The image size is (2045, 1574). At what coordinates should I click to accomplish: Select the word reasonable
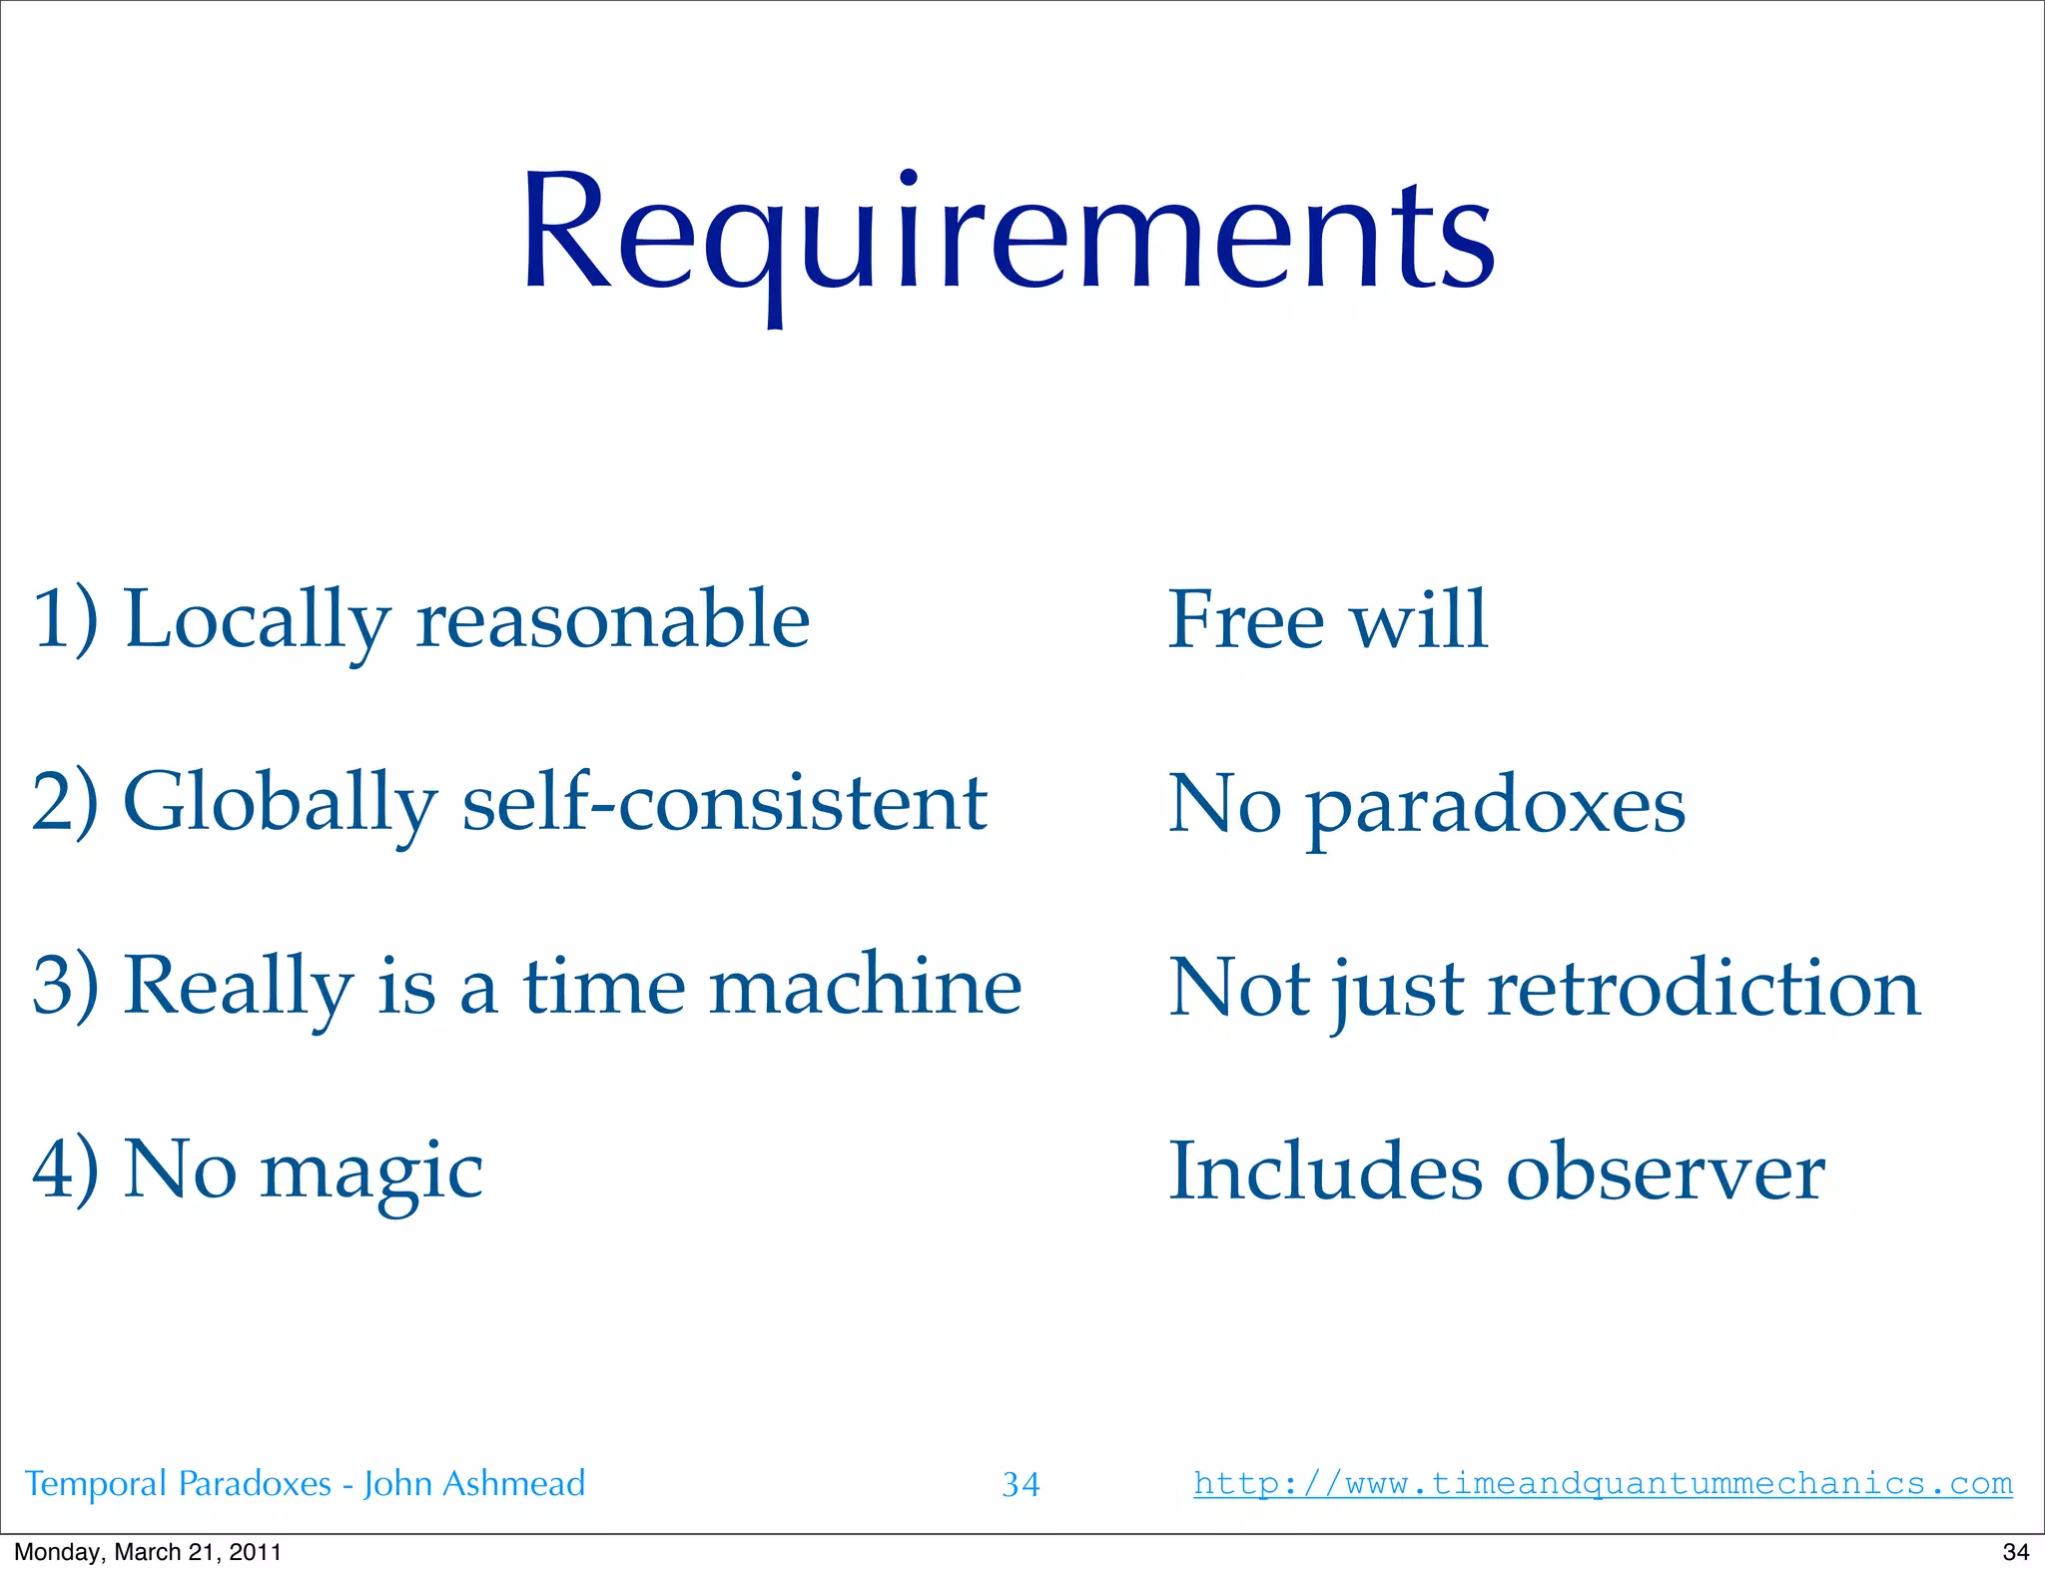[x=612, y=620]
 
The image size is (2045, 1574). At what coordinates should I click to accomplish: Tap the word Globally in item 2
[x=280, y=803]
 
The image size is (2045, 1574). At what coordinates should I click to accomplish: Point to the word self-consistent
[x=724, y=803]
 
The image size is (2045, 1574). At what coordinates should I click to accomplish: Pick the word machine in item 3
[x=865, y=987]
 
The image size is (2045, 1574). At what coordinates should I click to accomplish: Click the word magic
[x=371, y=1172]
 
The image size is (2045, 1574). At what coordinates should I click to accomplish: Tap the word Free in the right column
[x=1245, y=620]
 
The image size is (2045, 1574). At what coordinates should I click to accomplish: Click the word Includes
[x=1325, y=1172]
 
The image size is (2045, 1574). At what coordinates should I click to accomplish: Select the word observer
[x=1666, y=1172]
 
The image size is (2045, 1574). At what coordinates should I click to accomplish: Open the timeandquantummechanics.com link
[x=1603, y=1483]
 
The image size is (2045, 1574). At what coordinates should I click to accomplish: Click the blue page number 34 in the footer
[x=1021, y=1485]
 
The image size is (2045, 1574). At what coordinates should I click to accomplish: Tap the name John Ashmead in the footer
[x=474, y=1484]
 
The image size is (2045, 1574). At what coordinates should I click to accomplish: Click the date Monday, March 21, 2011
[x=148, y=1552]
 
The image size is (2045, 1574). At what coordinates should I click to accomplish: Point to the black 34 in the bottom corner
[x=2015, y=1552]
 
